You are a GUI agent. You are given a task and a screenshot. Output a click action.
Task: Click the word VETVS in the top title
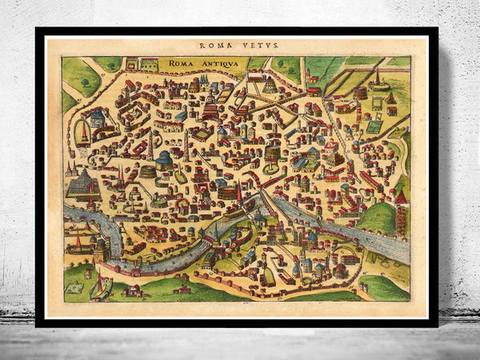click(x=264, y=46)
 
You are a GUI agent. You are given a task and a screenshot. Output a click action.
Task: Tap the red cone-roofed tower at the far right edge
click(x=402, y=196)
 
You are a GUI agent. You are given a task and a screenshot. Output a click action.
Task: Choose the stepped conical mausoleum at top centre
click(x=270, y=82)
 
